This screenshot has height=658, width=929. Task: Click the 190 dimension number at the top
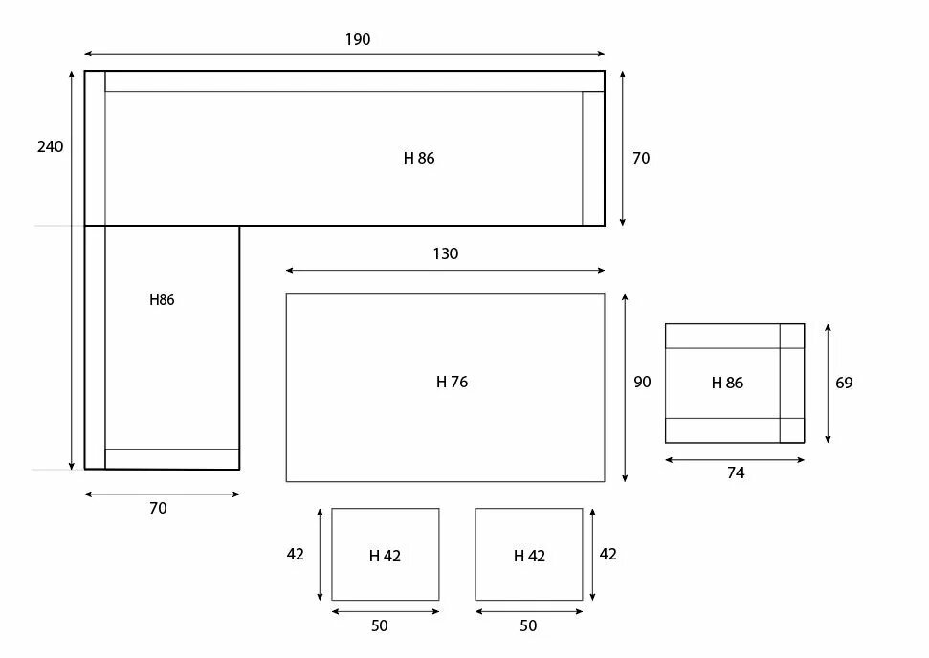click(x=358, y=40)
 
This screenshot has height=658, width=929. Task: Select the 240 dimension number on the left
click(x=50, y=147)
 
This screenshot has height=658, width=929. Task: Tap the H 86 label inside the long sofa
click(x=419, y=158)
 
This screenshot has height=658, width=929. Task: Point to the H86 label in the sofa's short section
click(x=162, y=299)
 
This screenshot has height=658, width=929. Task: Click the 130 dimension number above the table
click(x=445, y=253)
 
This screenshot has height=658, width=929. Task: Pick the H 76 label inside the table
click(x=452, y=382)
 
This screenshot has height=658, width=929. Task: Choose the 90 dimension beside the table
click(x=642, y=382)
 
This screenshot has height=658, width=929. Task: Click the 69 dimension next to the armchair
click(x=844, y=383)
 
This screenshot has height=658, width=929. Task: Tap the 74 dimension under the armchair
click(x=735, y=472)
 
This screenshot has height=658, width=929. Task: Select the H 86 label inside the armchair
click(x=727, y=383)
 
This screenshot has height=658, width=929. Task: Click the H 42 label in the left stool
click(x=385, y=556)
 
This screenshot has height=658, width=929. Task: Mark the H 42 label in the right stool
click(x=529, y=556)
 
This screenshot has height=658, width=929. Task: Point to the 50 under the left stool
click(x=380, y=625)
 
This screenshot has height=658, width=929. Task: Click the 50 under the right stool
click(x=528, y=625)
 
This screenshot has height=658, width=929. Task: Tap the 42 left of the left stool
click(x=296, y=554)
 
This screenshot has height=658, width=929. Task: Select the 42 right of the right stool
click(x=608, y=554)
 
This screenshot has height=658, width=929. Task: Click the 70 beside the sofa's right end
click(x=641, y=158)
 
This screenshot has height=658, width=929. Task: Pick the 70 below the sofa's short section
click(x=158, y=508)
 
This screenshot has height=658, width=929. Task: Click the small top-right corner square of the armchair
click(x=791, y=336)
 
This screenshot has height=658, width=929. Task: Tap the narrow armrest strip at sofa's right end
click(x=593, y=158)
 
